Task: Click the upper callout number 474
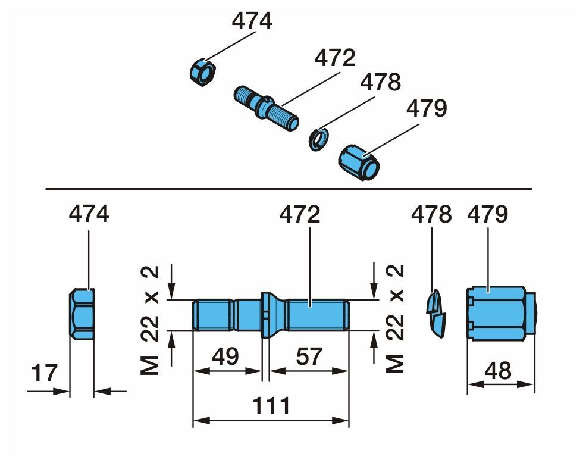click(252, 21)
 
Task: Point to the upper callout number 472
click(335, 58)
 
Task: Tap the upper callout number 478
click(381, 82)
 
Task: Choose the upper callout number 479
click(426, 108)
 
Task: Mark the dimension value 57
click(308, 356)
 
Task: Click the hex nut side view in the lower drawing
click(82, 314)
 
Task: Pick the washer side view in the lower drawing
click(436, 312)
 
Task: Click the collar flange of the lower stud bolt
click(267, 314)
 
